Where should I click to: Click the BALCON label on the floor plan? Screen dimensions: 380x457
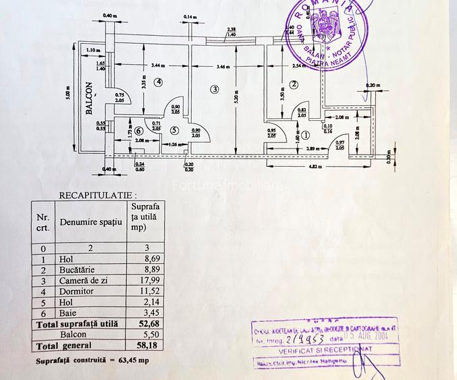click(x=88, y=100)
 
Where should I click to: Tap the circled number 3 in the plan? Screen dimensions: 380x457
click(x=214, y=89)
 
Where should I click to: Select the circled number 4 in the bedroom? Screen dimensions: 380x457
click(x=159, y=82)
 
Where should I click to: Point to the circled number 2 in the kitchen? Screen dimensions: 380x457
click(x=294, y=84)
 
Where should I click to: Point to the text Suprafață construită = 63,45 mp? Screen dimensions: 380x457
click(x=93, y=360)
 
